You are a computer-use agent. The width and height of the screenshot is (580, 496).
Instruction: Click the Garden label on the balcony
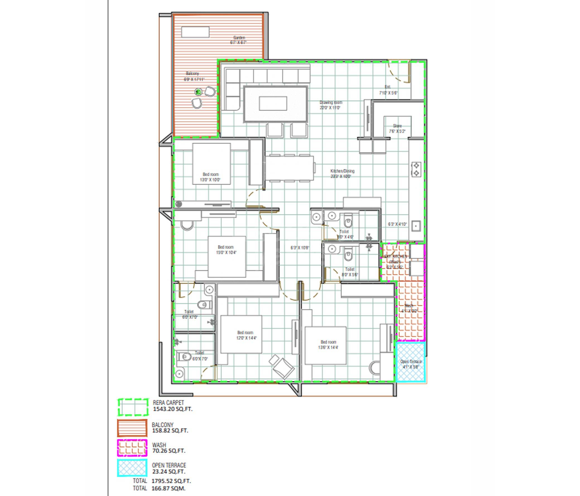click(x=239, y=38)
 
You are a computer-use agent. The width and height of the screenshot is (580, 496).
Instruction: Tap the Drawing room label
click(x=331, y=103)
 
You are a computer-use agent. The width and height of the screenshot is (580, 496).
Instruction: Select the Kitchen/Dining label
click(x=342, y=171)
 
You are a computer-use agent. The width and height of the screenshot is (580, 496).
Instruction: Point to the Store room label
click(x=397, y=126)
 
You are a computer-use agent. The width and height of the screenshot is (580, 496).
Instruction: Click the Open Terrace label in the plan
click(x=411, y=361)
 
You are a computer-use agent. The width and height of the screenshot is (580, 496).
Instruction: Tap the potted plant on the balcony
click(x=198, y=92)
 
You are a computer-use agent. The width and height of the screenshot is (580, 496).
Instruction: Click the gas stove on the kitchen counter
click(x=416, y=169)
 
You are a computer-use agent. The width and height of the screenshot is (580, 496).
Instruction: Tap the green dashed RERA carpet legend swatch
click(x=133, y=407)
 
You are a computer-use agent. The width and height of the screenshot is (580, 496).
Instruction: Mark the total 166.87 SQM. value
click(x=168, y=488)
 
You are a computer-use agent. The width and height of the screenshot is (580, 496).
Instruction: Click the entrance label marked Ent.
click(x=388, y=87)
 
